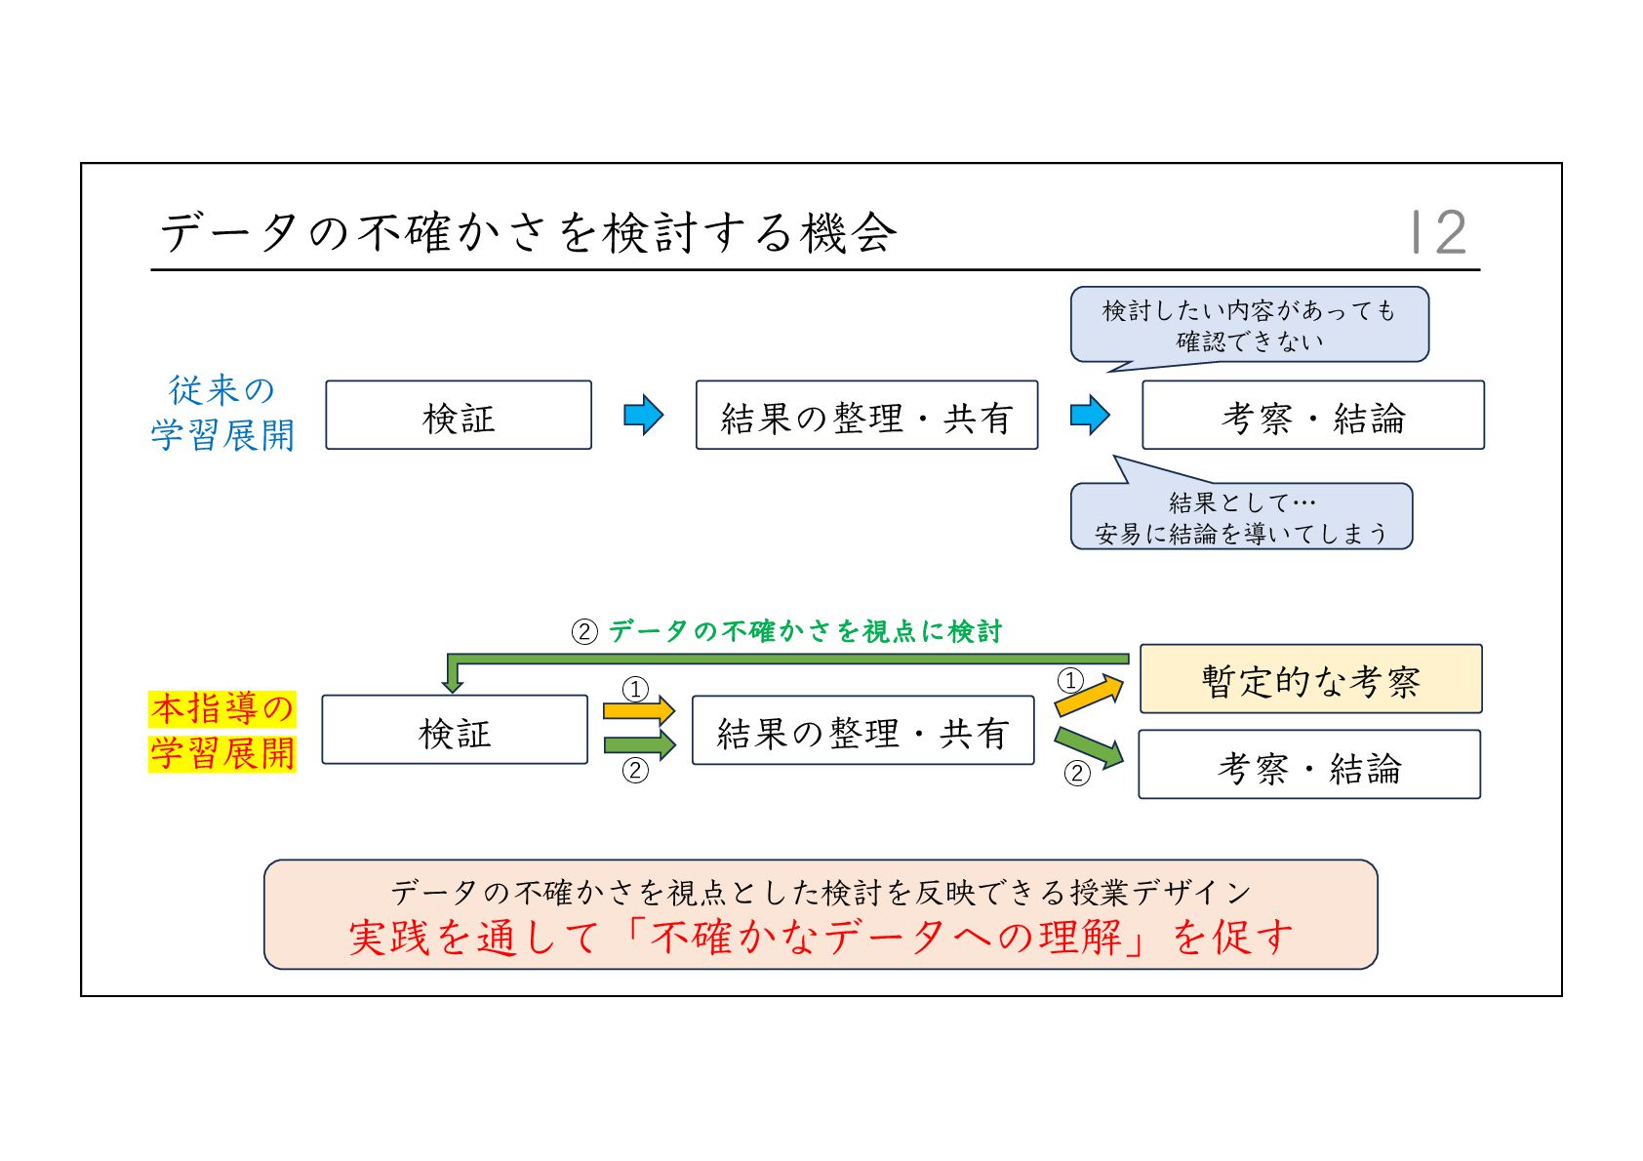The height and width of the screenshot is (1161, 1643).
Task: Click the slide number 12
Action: (x=1439, y=232)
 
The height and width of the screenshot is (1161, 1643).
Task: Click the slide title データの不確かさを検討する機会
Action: (x=527, y=233)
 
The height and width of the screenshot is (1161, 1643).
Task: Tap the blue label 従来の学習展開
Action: (x=222, y=413)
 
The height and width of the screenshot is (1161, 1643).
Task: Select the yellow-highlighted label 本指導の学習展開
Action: (x=222, y=731)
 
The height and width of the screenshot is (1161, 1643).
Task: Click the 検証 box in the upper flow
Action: (x=459, y=416)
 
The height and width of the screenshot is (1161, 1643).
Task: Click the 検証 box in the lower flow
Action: (x=455, y=730)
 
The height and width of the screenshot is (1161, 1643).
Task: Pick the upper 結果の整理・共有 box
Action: (x=866, y=416)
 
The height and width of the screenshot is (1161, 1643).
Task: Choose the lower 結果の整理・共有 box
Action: (x=862, y=731)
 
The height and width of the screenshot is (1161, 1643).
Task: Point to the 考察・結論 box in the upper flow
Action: (x=1312, y=416)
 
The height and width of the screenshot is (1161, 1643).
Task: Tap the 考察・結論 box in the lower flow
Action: (x=1308, y=765)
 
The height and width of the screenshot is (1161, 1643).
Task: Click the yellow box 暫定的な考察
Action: (x=1310, y=679)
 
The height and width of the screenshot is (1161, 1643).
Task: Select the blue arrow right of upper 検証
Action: (x=644, y=416)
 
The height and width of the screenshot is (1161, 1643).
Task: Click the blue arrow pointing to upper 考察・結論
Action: (x=1090, y=416)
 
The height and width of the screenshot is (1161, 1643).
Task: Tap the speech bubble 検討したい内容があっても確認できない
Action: (x=1249, y=325)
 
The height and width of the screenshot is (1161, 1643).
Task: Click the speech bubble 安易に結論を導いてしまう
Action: (x=1241, y=518)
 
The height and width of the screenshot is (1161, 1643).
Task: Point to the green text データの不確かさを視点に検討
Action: (x=805, y=631)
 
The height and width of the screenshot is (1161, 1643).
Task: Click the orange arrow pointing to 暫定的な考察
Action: (x=1090, y=695)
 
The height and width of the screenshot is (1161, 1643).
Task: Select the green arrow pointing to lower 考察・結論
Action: (x=1090, y=746)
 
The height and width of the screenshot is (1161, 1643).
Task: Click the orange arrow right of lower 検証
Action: (x=639, y=710)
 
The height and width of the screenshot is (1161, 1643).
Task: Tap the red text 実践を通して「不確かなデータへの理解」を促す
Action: (x=821, y=938)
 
